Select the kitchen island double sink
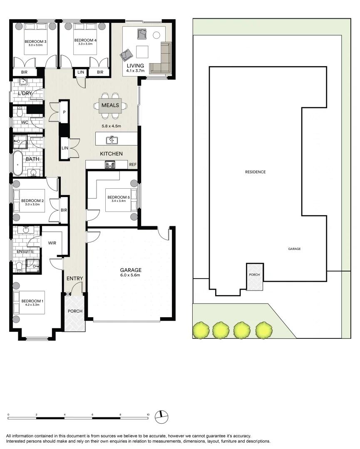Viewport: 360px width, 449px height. (112, 140)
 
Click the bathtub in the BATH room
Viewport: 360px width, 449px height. (18, 163)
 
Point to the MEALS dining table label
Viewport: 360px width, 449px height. (110, 105)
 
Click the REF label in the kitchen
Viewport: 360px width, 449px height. (132, 165)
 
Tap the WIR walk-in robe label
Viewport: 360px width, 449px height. (52, 243)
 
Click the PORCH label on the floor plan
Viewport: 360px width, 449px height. (75, 311)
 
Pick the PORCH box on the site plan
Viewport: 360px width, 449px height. (255, 276)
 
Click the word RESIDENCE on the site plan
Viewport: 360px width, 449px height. (255, 172)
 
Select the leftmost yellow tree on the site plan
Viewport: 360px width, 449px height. (201, 330)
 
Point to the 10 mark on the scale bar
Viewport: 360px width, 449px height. (148, 415)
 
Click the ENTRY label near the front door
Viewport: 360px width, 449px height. (75, 279)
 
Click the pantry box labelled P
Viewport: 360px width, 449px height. (64, 112)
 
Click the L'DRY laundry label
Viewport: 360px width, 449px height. (25, 94)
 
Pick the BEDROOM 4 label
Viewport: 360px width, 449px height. (85, 40)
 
